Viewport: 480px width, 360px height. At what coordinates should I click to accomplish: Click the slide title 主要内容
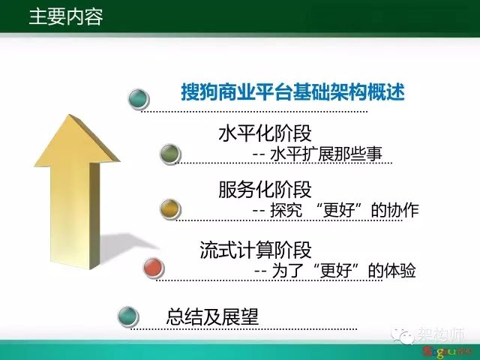click(66, 16)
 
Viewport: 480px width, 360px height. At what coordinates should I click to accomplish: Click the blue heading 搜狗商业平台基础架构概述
click(293, 91)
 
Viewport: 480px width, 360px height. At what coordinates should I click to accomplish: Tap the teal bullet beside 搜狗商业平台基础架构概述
click(139, 99)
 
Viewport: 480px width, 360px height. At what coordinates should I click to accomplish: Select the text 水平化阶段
click(265, 133)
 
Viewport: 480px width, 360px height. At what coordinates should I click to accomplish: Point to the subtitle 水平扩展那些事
click(326, 153)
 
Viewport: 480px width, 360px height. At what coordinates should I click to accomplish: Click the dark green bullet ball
click(170, 154)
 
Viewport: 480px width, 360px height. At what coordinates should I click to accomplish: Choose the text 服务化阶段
click(265, 190)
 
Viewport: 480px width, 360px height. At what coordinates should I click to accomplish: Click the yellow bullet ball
click(170, 209)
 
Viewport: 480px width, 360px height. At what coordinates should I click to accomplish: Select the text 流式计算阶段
click(256, 250)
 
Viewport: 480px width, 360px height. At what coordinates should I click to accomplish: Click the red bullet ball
click(154, 268)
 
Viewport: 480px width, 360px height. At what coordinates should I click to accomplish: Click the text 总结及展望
click(212, 316)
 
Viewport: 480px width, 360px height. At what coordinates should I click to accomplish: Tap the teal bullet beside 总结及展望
click(128, 316)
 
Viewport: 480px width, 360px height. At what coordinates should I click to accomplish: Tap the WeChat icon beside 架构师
click(403, 336)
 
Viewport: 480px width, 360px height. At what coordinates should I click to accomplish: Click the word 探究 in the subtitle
click(286, 210)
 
